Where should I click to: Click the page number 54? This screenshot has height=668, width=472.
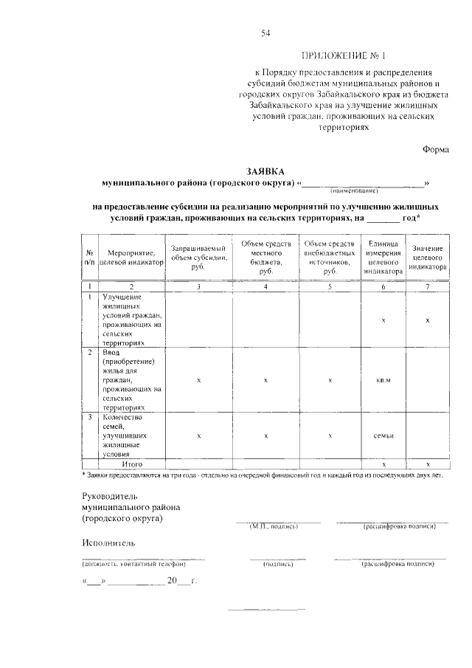coord(265,33)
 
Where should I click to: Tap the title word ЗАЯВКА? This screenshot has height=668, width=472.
coord(265,169)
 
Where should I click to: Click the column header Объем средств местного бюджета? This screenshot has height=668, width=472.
coord(266,258)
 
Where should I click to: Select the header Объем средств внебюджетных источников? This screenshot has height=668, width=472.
coord(329,258)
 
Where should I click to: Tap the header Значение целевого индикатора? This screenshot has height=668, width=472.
coord(428,258)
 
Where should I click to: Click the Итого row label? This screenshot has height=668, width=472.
coord(132,464)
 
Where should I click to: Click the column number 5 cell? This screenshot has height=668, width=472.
coord(329,286)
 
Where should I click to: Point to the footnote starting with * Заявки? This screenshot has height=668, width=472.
coord(262,475)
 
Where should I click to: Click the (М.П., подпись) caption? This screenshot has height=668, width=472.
coord(274,526)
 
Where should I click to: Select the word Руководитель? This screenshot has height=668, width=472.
coord(110,496)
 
